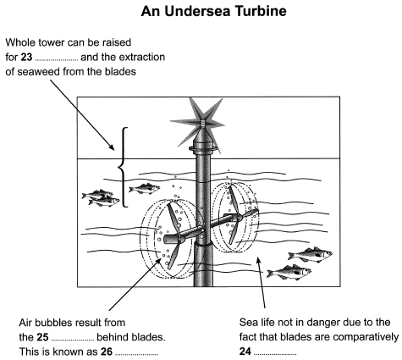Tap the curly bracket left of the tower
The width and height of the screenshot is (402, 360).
pyautogui.click(x=124, y=167)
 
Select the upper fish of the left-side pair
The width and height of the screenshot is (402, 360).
pyautogui.click(x=96, y=196)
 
